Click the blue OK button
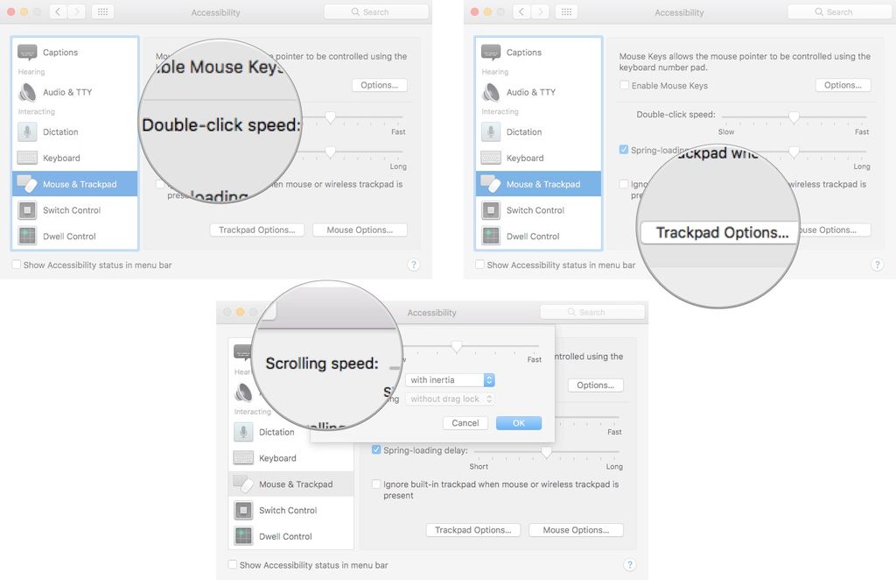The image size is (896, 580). [518, 423]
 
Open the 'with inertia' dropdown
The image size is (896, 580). [451, 380]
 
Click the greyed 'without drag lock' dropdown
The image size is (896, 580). [451, 399]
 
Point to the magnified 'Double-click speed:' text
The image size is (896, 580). [220, 124]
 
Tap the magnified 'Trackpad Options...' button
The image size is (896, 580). [721, 232]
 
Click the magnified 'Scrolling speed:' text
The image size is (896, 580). [321, 363]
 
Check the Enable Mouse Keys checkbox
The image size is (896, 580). [625, 86]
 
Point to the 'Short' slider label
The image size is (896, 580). [479, 467]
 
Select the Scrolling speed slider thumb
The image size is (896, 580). [457, 347]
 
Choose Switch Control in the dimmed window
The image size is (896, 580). [288, 510]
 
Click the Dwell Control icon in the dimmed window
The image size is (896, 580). [243, 536]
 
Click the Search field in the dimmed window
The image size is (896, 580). [592, 312]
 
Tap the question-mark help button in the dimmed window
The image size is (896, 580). [629, 565]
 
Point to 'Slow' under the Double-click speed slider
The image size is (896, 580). [726, 132]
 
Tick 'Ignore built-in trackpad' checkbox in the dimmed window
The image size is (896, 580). [376, 485]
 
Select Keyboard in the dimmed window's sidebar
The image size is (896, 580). [277, 458]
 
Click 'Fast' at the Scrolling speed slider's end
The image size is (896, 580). [535, 359]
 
